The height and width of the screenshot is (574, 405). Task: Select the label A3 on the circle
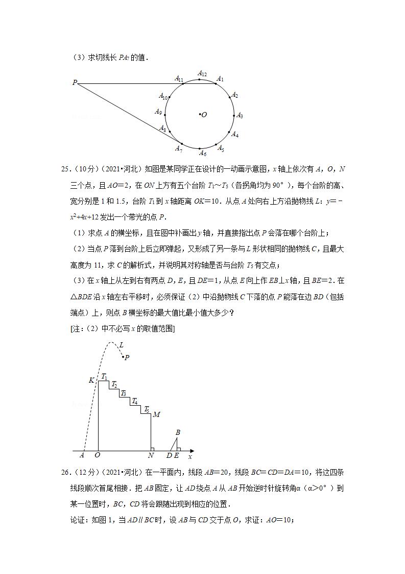(240, 116)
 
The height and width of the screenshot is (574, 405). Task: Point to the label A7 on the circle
(179, 148)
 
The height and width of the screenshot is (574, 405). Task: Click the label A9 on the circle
(158, 112)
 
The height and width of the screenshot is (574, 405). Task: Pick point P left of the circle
(75, 82)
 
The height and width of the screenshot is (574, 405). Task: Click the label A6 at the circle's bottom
(202, 153)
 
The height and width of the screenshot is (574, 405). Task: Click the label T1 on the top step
(104, 377)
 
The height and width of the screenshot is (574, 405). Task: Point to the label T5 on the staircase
(147, 409)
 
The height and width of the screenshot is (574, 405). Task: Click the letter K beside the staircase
(91, 380)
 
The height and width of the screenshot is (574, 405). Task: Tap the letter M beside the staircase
(157, 414)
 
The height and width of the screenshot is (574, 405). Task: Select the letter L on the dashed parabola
(121, 345)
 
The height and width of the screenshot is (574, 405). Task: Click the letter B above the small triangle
(178, 433)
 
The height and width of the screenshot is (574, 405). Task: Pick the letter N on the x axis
(151, 456)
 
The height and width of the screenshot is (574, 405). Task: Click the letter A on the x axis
(82, 456)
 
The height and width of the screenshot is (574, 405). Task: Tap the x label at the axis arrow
(190, 456)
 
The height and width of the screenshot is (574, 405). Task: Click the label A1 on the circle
(220, 79)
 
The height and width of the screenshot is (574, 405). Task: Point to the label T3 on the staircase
(123, 393)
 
